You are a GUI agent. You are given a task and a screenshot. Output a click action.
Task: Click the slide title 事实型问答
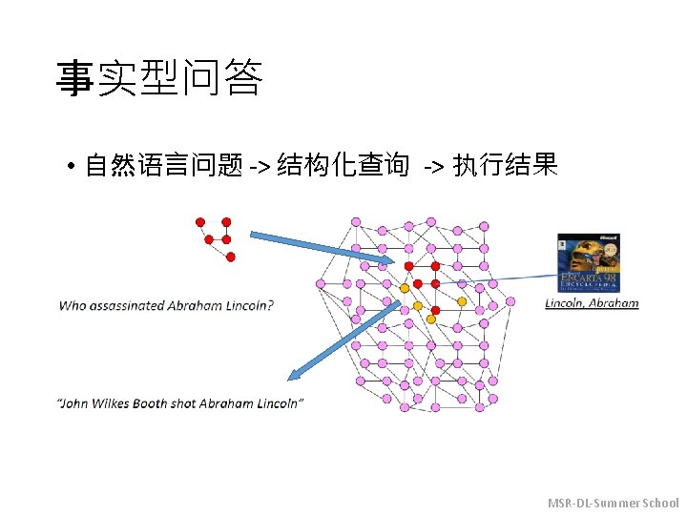point(158,79)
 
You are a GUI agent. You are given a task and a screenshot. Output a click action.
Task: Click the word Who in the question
point(73,306)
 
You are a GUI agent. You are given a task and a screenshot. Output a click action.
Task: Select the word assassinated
point(127,306)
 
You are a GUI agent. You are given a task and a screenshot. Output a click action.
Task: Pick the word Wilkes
point(114,403)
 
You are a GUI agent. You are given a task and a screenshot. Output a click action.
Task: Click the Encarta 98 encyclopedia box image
point(588,263)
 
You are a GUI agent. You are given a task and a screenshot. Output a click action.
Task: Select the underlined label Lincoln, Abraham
point(592,304)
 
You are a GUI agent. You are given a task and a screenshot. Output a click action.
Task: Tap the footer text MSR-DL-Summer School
point(613,503)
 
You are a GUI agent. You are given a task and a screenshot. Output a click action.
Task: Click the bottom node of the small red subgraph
point(230,257)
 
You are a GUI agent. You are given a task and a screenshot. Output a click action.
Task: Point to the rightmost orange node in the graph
point(462,301)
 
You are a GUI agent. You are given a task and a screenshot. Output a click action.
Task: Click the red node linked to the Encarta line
point(435,283)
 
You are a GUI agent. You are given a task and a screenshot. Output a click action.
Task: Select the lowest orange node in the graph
point(430,319)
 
